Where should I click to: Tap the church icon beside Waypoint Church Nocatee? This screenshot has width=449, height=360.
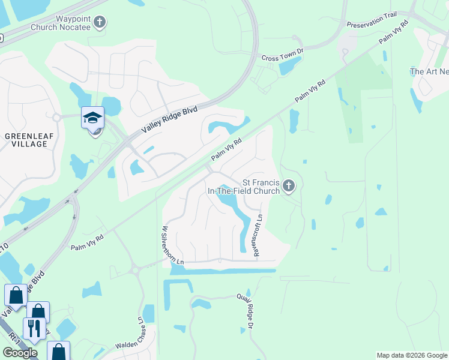[100, 23]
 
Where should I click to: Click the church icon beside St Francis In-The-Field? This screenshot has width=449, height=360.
[289, 187]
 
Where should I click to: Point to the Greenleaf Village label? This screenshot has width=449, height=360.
[26, 140]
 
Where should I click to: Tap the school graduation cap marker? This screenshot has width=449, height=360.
[93, 118]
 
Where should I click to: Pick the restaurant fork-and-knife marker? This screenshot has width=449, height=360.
[34, 328]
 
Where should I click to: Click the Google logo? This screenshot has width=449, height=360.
[20, 353]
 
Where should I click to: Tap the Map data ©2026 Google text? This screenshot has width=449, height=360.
[411, 355]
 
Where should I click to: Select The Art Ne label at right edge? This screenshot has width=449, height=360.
[429, 71]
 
